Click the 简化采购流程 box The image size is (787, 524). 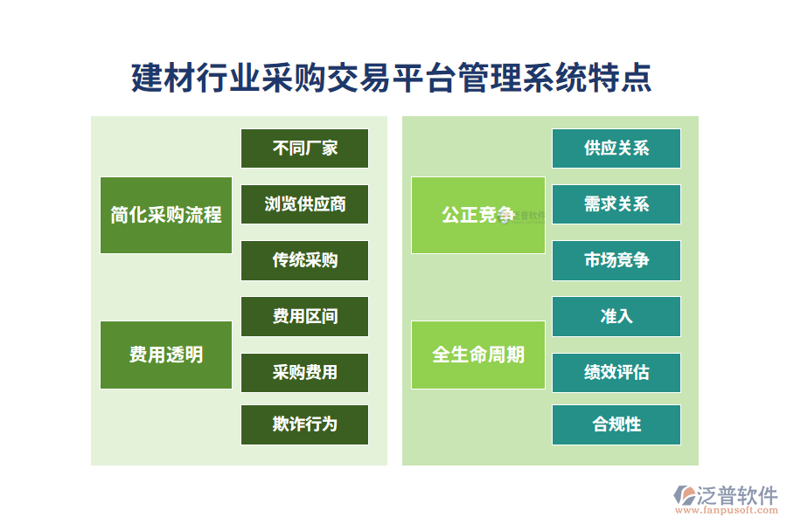[x=166, y=215]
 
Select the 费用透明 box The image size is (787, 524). [x=166, y=355]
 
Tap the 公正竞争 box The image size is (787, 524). [x=477, y=215]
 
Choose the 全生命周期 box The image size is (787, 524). [x=477, y=355]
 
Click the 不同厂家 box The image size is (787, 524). [x=304, y=148]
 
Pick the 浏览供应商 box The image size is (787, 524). [x=304, y=204]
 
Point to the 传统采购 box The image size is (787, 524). [x=304, y=260]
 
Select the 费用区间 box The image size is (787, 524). [x=304, y=316]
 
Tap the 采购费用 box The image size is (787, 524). [x=304, y=373]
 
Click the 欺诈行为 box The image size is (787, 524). [x=304, y=424]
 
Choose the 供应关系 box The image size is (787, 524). [x=616, y=148]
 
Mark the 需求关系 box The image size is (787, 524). [x=616, y=204]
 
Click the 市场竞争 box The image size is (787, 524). [x=616, y=260]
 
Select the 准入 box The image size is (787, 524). [x=616, y=316]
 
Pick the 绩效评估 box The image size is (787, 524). [x=616, y=373]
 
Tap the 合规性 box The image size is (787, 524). [x=616, y=424]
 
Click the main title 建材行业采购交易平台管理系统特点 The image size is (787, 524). [x=391, y=78]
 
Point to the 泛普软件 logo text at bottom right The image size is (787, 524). [x=737, y=495]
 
